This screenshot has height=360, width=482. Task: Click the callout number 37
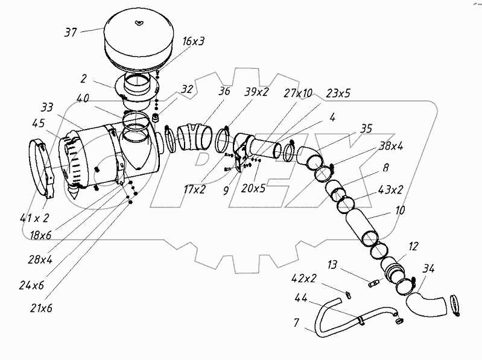[70, 32]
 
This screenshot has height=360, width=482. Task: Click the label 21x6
[41, 308]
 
